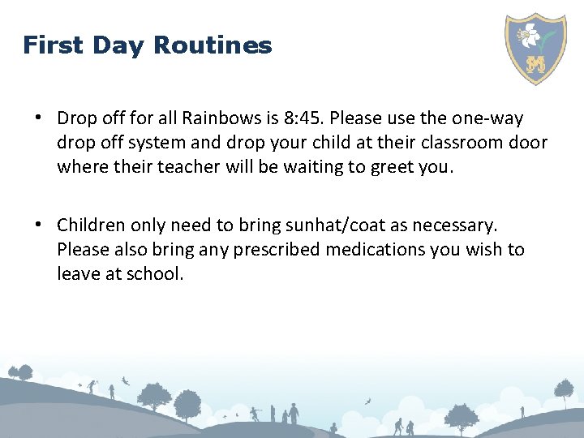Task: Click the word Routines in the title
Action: [213, 45]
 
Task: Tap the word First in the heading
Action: [53, 45]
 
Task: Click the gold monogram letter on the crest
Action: [535, 64]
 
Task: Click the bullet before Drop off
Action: [38, 118]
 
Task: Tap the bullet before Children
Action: [38, 225]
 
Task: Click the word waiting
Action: [315, 167]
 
